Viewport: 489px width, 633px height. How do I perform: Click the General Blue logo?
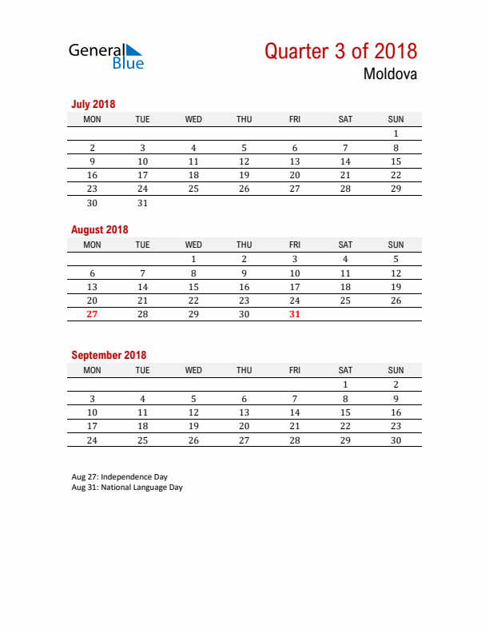click(106, 56)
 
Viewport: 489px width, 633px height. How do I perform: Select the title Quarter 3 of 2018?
click(340, 51)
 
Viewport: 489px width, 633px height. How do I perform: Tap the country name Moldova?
click(390, 75)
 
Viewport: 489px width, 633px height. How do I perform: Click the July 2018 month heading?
click(93, 104)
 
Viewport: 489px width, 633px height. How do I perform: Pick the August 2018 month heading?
click(99, 229)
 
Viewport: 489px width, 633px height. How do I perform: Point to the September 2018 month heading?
click(109, 355)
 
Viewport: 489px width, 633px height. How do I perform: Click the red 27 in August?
click(92, 314)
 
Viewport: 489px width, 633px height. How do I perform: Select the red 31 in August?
click(295, 314)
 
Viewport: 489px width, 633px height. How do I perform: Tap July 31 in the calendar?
click(142, 203)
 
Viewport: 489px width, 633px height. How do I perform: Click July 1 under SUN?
click(396, 133)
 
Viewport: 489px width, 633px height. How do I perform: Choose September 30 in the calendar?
click(396, 440)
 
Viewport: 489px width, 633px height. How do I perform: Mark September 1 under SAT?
click(345, 384)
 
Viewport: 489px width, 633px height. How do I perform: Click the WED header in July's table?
click(193, 119)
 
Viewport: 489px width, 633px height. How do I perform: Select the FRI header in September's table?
click(295, 370)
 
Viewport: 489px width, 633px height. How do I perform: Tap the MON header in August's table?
click(92, 245)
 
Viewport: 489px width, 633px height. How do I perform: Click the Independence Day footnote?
click(119, 477)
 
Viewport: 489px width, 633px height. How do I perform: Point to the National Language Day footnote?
click(127, 488)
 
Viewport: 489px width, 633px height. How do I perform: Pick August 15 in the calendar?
click(193, 287)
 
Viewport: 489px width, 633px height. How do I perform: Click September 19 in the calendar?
click(193, 426)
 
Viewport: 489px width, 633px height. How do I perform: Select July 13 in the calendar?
click(295, 161)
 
